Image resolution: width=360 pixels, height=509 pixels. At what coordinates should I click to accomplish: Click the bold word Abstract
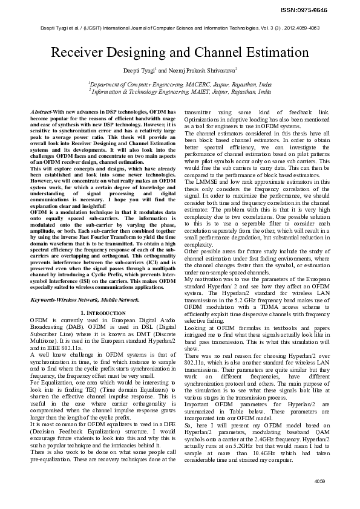click(41, 112)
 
